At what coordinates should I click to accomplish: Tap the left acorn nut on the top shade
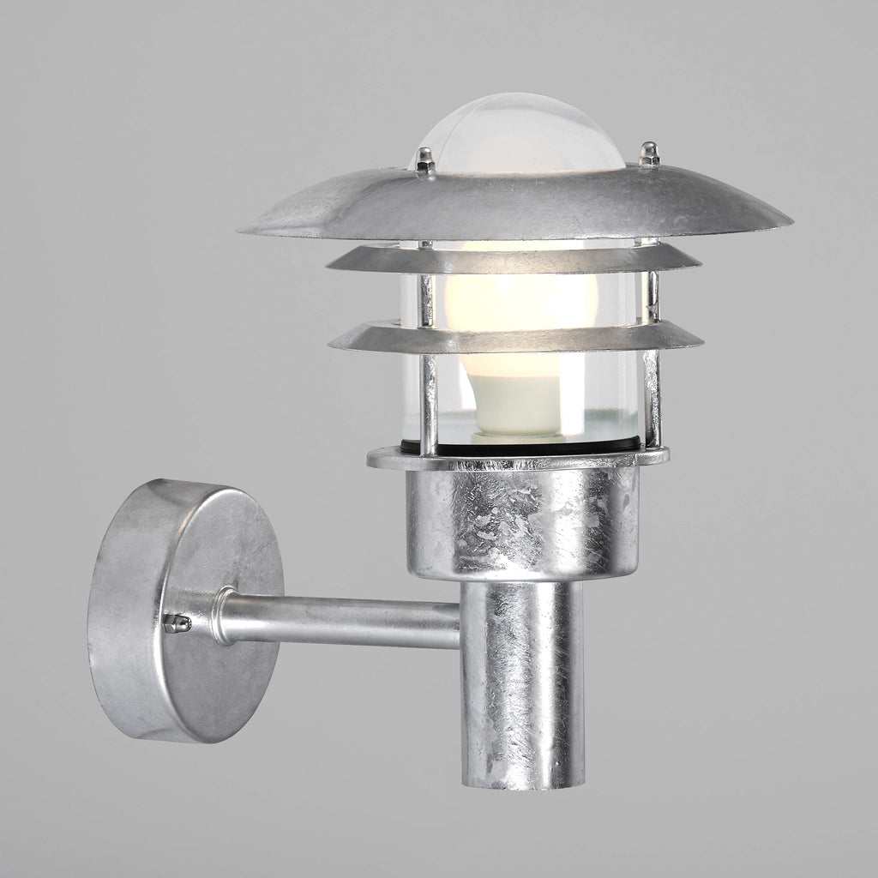[423, 158]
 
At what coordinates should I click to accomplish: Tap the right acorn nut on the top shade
[649, 154]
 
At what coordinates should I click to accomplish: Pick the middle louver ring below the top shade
[514, 259]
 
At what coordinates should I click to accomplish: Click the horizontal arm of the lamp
[343, 619]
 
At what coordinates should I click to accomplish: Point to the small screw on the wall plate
[177, 623]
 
